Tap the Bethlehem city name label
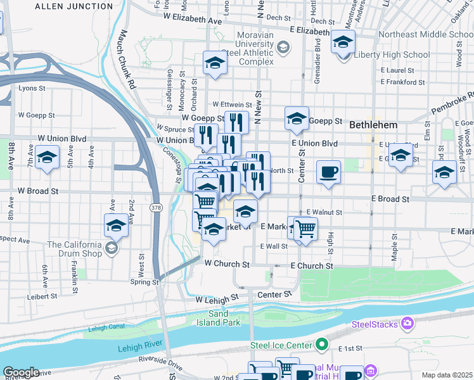pos(373,125)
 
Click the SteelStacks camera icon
pos(407,324)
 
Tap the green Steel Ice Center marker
pos(323,345)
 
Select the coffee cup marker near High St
pos(328,172)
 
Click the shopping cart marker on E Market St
pos(305,229)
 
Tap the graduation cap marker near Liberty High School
pos(343,43)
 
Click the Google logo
pos(21,373)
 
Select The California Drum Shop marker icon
pos(112,247)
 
